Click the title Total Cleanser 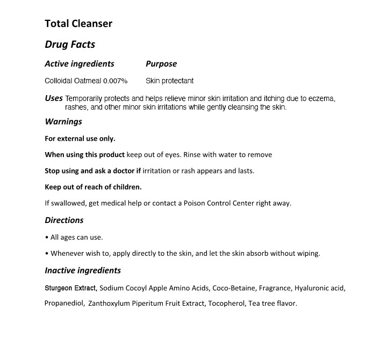coord(78,24)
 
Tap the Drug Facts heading coord(70,45)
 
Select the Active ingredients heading coord(80,64)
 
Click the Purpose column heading coord(161,64)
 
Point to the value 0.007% coord(115,81)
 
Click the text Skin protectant coord(169,81)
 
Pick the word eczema coord(321,99)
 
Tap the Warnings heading coord(63,121)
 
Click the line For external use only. coord(80,139)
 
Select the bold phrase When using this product coord(85,155)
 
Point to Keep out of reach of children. coord(93,187)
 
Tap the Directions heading coord(64,220)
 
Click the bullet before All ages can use coord(47,237)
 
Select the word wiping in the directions coord(307,254)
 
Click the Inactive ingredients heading coord(83,270)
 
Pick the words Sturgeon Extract coord(70,288)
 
